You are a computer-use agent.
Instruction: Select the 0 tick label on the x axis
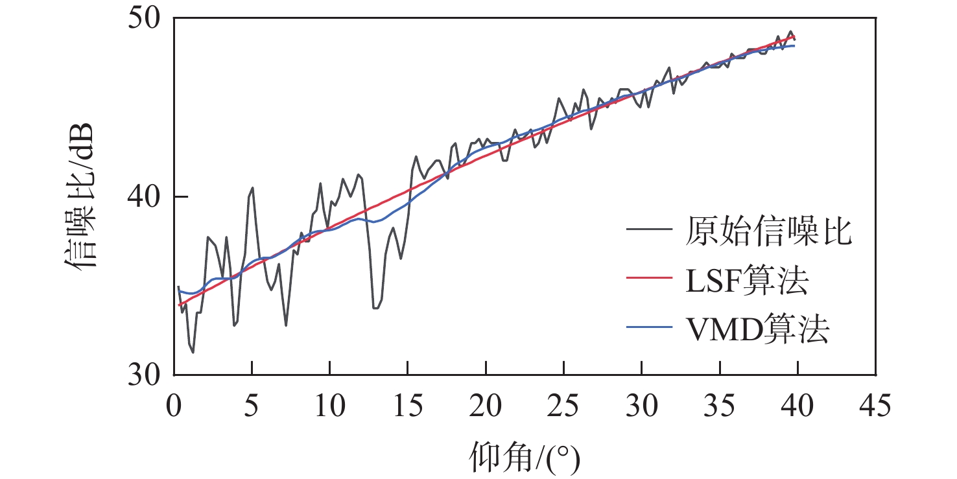coord(174,408)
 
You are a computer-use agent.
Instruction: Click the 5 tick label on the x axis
coord(252,408)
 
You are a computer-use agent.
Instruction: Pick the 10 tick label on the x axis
coord(329,408)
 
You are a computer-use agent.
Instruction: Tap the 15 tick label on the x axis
coord(407,408)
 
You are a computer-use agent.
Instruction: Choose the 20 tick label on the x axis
coord(486,408)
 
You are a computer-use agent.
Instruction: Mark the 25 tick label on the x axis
coord(563,408)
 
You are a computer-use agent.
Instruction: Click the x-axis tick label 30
coord(641,408)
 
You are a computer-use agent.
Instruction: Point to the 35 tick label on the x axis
coord(720,408)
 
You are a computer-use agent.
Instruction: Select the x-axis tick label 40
coord(797,408)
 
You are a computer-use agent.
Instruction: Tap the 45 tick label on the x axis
coord(875,408)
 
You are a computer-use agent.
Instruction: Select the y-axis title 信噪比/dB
coord(80,194)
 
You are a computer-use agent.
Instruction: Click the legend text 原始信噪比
coord(768,231)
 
